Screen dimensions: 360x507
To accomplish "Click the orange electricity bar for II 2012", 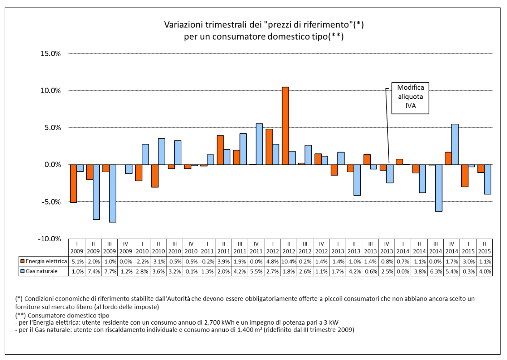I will tap(285, 126).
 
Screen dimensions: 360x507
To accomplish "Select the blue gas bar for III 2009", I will tap(113, 193).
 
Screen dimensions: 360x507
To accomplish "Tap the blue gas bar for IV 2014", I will tap(455, 144).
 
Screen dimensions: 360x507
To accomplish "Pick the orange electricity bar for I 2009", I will tap(73, 183).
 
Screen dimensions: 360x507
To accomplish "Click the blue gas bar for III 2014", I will tap(439, 188).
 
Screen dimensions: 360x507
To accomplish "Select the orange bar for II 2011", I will tap(220, 150).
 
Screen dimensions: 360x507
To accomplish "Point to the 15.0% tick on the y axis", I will tap(50, 54).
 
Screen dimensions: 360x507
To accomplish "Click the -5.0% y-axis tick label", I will tap(50, 202).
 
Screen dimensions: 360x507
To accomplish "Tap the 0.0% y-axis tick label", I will tap(52, 165).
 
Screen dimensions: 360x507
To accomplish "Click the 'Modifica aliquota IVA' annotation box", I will tap(410, 97).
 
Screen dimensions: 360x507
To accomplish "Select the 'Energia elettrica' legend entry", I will tap(43, 261).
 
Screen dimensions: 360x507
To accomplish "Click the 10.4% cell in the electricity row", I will tap(289, 261).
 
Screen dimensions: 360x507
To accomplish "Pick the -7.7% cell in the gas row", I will tap(109, 271).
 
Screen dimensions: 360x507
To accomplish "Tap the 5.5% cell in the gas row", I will tap(256, 271).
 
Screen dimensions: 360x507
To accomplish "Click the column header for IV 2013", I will tap(386, 247).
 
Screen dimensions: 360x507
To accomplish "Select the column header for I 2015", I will tap(468, 247).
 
